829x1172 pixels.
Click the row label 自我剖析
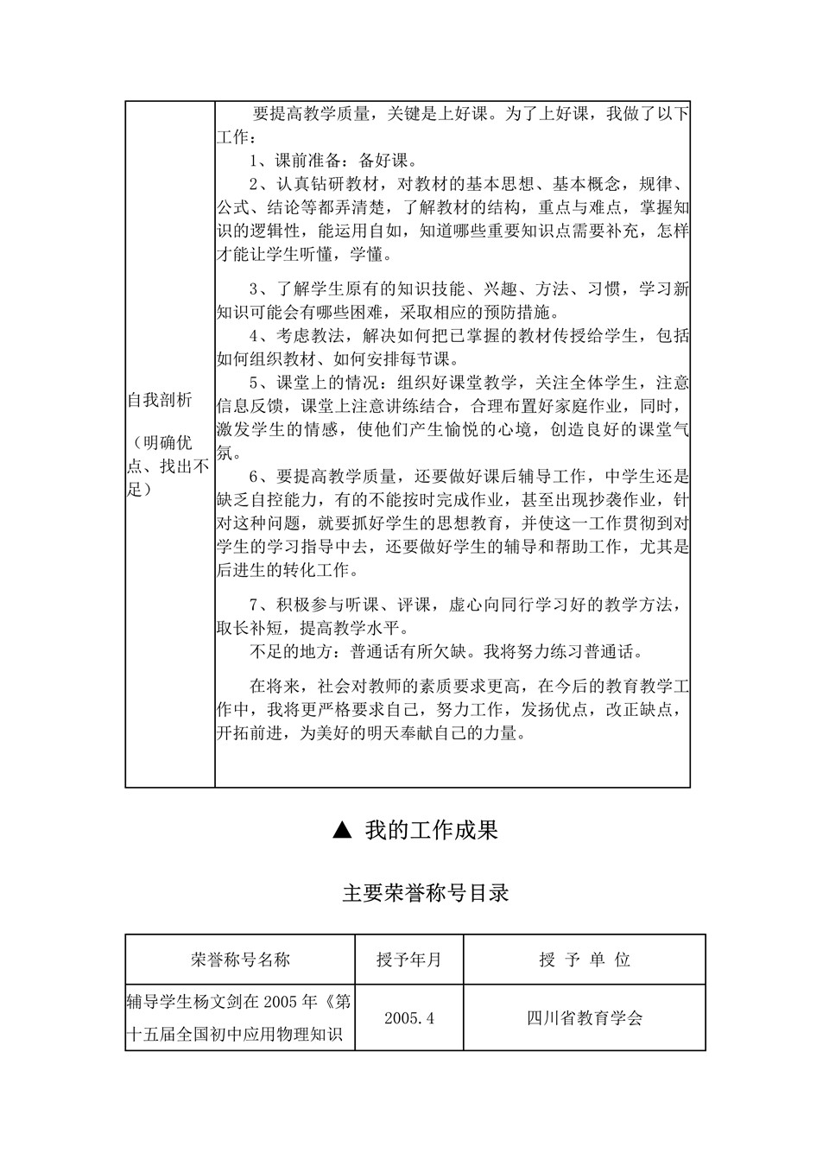click(160, 400)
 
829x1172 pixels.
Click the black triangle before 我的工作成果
click(341, 830)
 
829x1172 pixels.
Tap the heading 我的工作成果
click(431, 830)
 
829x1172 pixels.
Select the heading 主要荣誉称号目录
click(426, 893)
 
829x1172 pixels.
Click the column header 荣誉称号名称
click(240, 960)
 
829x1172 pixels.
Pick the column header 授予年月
click(409, 960)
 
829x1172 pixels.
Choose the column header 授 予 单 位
click(585, 960)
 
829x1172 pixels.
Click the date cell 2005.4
click(409, 1017)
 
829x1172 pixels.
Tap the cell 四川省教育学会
click(585, 1017)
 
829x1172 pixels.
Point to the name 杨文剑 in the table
click(212, 1002)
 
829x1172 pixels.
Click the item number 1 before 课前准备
click(255, 161)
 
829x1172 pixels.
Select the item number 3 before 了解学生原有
click(255, 288)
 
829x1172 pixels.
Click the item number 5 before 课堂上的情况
click(255, 383)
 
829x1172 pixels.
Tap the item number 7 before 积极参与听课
click(255, 605)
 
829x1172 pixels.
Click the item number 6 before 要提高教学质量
click(255, 477)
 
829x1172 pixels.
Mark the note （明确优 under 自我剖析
click(161, 444)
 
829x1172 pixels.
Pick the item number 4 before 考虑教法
click(255, 336)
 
